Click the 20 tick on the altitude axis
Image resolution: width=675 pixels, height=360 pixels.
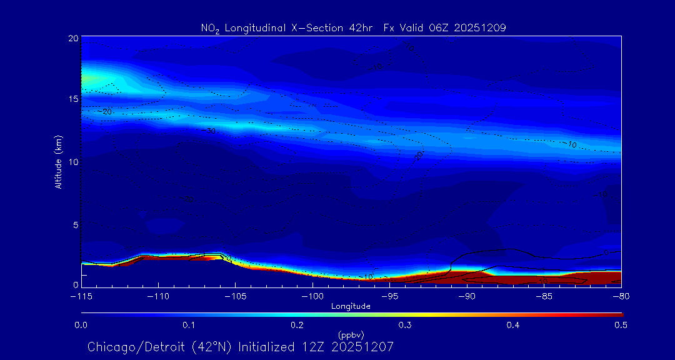(x=73, y=38)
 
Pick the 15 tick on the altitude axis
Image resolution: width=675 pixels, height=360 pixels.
(x=73, y=99)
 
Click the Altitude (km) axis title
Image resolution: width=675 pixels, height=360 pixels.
(x=59, y=161)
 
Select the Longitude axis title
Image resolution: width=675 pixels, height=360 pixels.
(x=351, y=306)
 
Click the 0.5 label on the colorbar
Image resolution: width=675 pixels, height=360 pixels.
(x=621, y=325)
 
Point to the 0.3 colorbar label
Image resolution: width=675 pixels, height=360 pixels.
(x=405, y=325)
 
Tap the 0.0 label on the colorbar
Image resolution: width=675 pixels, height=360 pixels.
(x=81, y=325)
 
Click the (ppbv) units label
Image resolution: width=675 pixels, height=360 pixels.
(x=351, y=334)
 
